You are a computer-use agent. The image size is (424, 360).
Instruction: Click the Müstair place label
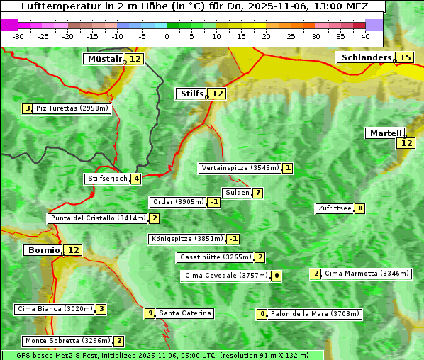pos(104,59)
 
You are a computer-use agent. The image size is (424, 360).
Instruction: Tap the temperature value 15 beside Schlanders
pos(405,57)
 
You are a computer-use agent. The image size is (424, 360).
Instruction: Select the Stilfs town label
pos(191,94)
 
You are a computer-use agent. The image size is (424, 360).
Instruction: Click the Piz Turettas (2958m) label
pos(72,108)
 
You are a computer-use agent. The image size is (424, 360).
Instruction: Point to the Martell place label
pos(385,133)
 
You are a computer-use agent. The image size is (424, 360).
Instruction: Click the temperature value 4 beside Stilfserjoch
pos(135,179)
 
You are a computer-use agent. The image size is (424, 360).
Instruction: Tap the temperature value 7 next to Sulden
pos(258,193)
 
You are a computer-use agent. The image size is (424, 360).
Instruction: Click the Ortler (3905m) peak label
pos(178,202)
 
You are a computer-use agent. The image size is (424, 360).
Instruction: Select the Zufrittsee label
pos(335,208)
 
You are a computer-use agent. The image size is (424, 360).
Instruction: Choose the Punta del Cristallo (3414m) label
pos(98,218)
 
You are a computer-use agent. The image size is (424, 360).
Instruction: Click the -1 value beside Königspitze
pos(233,239)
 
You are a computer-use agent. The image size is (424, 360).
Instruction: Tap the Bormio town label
pos(43,250)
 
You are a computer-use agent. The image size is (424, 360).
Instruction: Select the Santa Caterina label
pos(184,313)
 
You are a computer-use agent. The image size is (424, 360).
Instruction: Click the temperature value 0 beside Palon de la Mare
pos(262,314)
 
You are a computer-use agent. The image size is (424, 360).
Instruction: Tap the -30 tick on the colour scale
pos(18,35)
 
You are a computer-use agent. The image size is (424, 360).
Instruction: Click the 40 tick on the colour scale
pos(365,35)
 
